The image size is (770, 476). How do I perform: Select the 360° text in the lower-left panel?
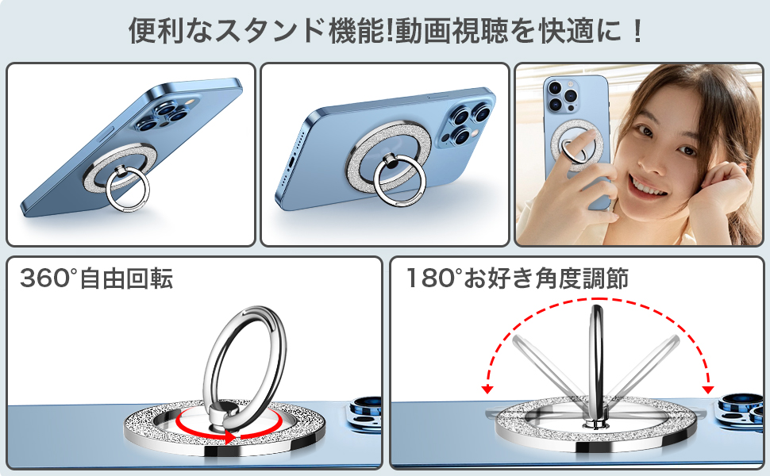(48, 278)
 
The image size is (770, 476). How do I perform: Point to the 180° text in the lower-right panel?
(433, 278)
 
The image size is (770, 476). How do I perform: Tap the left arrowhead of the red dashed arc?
(487, 389)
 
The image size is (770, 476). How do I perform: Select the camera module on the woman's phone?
(562, 93)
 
